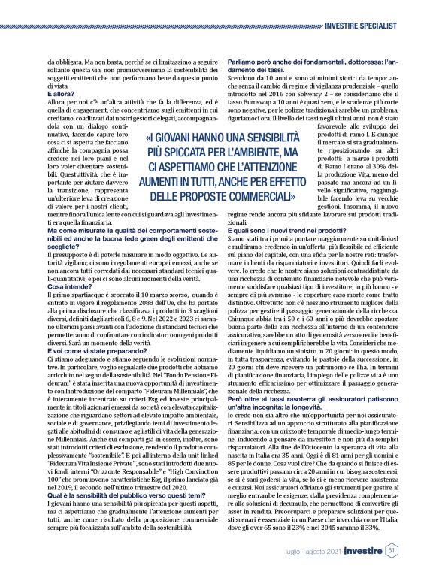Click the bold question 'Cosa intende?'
coord(68,288)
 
